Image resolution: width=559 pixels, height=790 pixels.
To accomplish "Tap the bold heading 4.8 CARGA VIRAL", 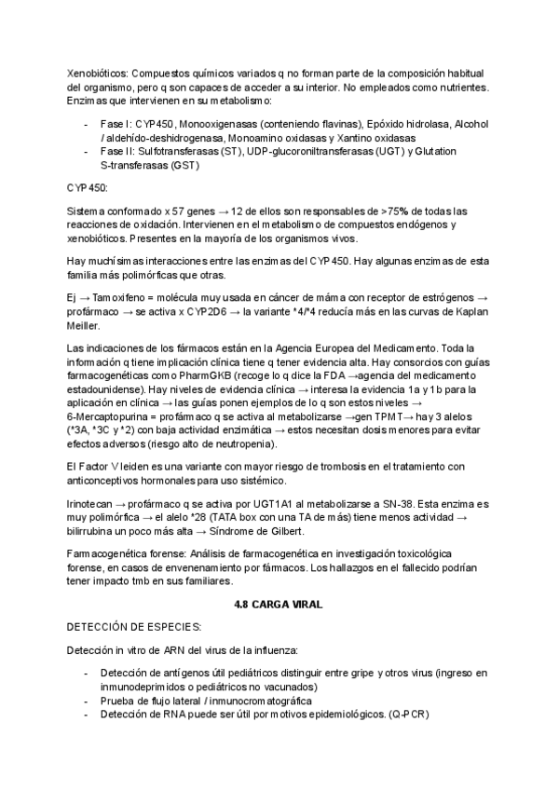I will pos(279,604).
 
